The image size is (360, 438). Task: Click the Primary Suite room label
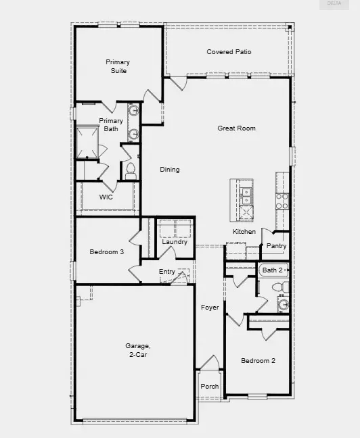tap(117, 66)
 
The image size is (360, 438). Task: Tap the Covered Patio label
tap(229, 52)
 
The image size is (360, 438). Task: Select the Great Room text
tap(236, 128)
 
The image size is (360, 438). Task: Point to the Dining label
tap(170, 170)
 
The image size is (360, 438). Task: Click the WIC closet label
tap(106, 197)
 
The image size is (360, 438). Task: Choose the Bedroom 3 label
tap(107, 252)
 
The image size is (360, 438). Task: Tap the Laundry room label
tap(175, 241)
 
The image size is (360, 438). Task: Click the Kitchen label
tap(244, 232)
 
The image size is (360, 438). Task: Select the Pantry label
tap(276, 246)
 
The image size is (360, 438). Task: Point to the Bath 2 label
tap(272, 270)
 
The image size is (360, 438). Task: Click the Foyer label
tap(210, 308)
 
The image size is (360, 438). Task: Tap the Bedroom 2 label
tap(258, 361)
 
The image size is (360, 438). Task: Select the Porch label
tap(210, 387)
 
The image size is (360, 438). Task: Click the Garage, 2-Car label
tap(137, 349)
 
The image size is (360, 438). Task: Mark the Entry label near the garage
tap(166, 272)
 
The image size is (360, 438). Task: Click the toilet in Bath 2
tap(277, 289)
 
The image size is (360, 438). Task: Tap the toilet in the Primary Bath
tap(131, 170)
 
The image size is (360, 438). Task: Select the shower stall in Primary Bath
tap(88, 141)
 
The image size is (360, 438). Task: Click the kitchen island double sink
tap(246, 196)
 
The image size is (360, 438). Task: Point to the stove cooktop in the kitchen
tap(282, 200)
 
